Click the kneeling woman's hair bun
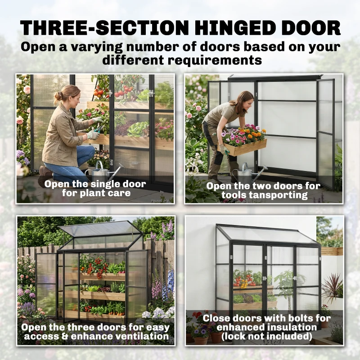pos(58,95)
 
